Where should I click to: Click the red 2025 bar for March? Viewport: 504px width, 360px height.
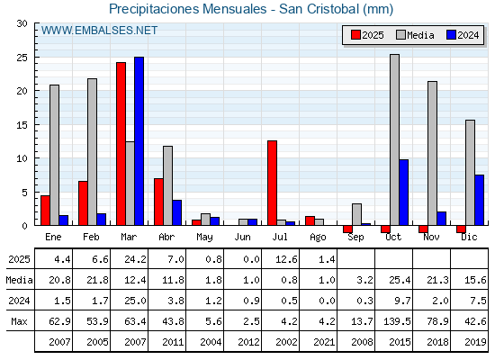[x=121, y=144]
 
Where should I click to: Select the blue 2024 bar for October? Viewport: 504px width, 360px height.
[x=404, y=193]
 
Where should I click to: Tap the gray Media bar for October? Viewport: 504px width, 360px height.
[x=394, y=139]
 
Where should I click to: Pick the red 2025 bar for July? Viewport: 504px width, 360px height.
[x=272, y=183]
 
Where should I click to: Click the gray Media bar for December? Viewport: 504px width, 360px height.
[x=470, y=173]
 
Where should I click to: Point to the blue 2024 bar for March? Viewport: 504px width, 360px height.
[x=139, y=141]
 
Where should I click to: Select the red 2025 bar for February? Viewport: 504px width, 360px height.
[x=83, y=203]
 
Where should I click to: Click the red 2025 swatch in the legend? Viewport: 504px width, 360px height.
[x=355, y=35]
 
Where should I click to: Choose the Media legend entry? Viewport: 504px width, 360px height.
[x=415, y=35]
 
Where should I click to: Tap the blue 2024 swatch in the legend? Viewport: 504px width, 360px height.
[x=451, y=35]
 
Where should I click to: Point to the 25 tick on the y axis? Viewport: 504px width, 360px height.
[x=22, y=58]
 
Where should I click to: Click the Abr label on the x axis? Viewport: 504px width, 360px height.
[x=166, y=237]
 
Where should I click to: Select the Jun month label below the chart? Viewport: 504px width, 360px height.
[x=242, y=237]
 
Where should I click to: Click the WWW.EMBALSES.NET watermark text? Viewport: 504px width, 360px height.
[x=99, y=31]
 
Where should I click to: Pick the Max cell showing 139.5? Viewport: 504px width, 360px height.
[x=397, y=321]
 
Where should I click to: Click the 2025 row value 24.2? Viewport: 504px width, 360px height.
[x=135, y=259]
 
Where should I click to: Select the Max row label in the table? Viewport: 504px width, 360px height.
[x=19, y=321]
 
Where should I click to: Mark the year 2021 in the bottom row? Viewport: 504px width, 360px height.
[x=324, y=342]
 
